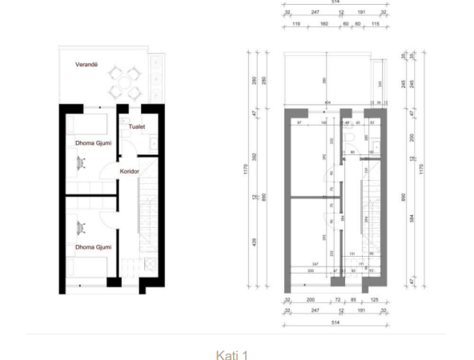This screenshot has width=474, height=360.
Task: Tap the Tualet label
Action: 137,126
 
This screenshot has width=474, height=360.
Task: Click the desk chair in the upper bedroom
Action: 82,161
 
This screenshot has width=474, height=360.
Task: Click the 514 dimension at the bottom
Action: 331,322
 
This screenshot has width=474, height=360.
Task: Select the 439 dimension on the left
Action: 255,246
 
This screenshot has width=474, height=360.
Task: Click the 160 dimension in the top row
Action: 324,25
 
